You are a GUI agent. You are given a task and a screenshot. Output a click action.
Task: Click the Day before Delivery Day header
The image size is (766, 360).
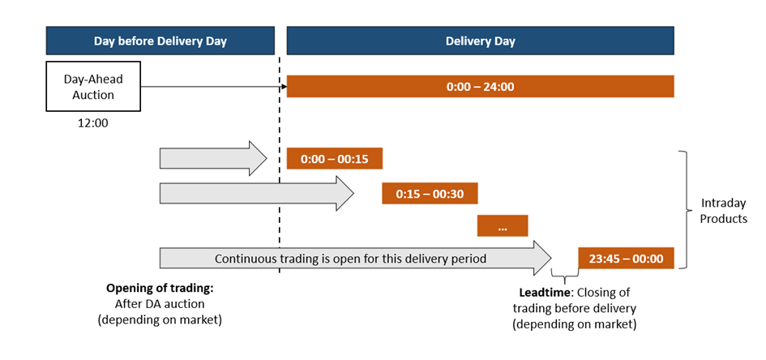160,41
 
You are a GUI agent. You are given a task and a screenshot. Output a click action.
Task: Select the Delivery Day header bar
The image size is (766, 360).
480,41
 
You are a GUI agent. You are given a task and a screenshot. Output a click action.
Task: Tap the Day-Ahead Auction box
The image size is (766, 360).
93,87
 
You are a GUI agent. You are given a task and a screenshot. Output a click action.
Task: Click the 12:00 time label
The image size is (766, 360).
93,123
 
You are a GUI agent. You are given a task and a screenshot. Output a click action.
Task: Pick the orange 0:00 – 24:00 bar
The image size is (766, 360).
480,87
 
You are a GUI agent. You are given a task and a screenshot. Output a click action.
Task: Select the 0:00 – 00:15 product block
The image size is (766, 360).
335,158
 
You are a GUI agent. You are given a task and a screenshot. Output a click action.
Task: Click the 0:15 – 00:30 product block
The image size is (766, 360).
430,194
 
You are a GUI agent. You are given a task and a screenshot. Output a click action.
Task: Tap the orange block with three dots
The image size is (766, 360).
503,225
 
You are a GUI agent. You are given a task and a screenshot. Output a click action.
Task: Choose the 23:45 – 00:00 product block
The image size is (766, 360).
627,258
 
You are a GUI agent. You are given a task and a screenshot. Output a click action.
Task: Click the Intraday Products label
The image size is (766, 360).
724,211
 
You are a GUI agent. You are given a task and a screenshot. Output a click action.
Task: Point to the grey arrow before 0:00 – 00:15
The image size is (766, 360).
213,158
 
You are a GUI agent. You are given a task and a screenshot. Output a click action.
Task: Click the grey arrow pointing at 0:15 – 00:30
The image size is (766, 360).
257,194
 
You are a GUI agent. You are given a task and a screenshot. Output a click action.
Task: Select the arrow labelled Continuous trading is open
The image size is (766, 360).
356,258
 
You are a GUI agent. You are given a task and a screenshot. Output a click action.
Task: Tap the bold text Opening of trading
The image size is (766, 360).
160,288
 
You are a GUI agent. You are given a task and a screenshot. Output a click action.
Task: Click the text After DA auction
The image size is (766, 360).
160,304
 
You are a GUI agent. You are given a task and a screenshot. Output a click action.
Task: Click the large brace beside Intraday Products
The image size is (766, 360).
683,210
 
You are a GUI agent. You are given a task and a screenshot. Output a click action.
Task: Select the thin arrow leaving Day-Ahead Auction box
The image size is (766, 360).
213,87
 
